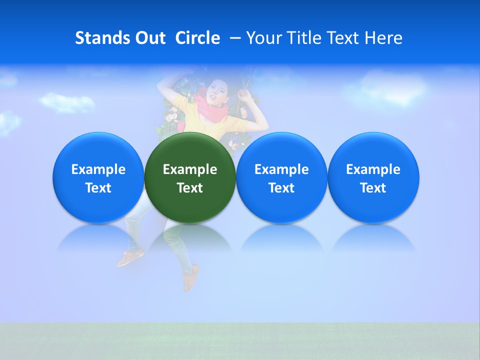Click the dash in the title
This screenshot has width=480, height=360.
[x=234, y=38]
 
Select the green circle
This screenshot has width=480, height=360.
[x=190, y=177]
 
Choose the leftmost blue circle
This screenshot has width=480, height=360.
[x=98, y=177]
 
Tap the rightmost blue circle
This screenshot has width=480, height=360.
[x=373, y=177]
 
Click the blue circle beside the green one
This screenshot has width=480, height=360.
[x=281, y=177]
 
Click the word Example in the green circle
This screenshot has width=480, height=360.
[x=190, y=169]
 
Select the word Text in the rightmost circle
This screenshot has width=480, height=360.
[x=373, y=188]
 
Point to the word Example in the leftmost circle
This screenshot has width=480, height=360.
[x=98, y=169]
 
